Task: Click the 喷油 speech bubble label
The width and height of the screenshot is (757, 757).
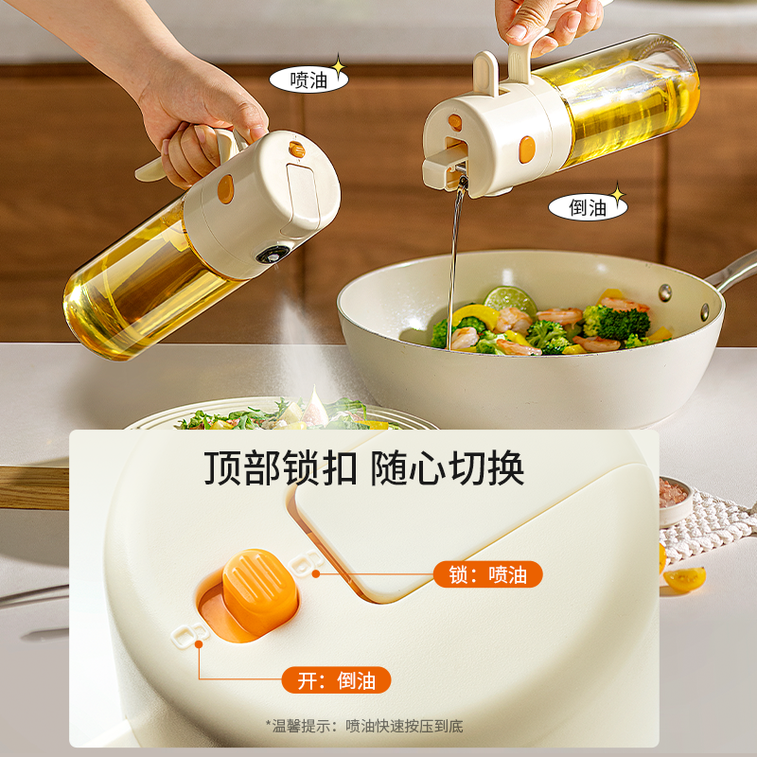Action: [308, 79]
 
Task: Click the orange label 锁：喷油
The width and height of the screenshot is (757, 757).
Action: [488, 574]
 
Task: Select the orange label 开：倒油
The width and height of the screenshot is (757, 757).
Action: [336, 679]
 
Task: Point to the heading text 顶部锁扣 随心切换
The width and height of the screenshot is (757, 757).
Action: [364, 468]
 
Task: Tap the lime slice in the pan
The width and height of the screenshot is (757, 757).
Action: [511, 300]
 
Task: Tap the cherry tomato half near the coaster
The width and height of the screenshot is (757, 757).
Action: [683, 577]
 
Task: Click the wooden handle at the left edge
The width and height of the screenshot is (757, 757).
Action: [33, 487]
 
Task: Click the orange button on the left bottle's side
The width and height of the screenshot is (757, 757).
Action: [225, 189]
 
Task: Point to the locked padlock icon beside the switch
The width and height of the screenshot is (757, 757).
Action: [304, 565]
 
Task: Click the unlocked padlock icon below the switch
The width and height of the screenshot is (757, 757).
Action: [186, 633]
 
